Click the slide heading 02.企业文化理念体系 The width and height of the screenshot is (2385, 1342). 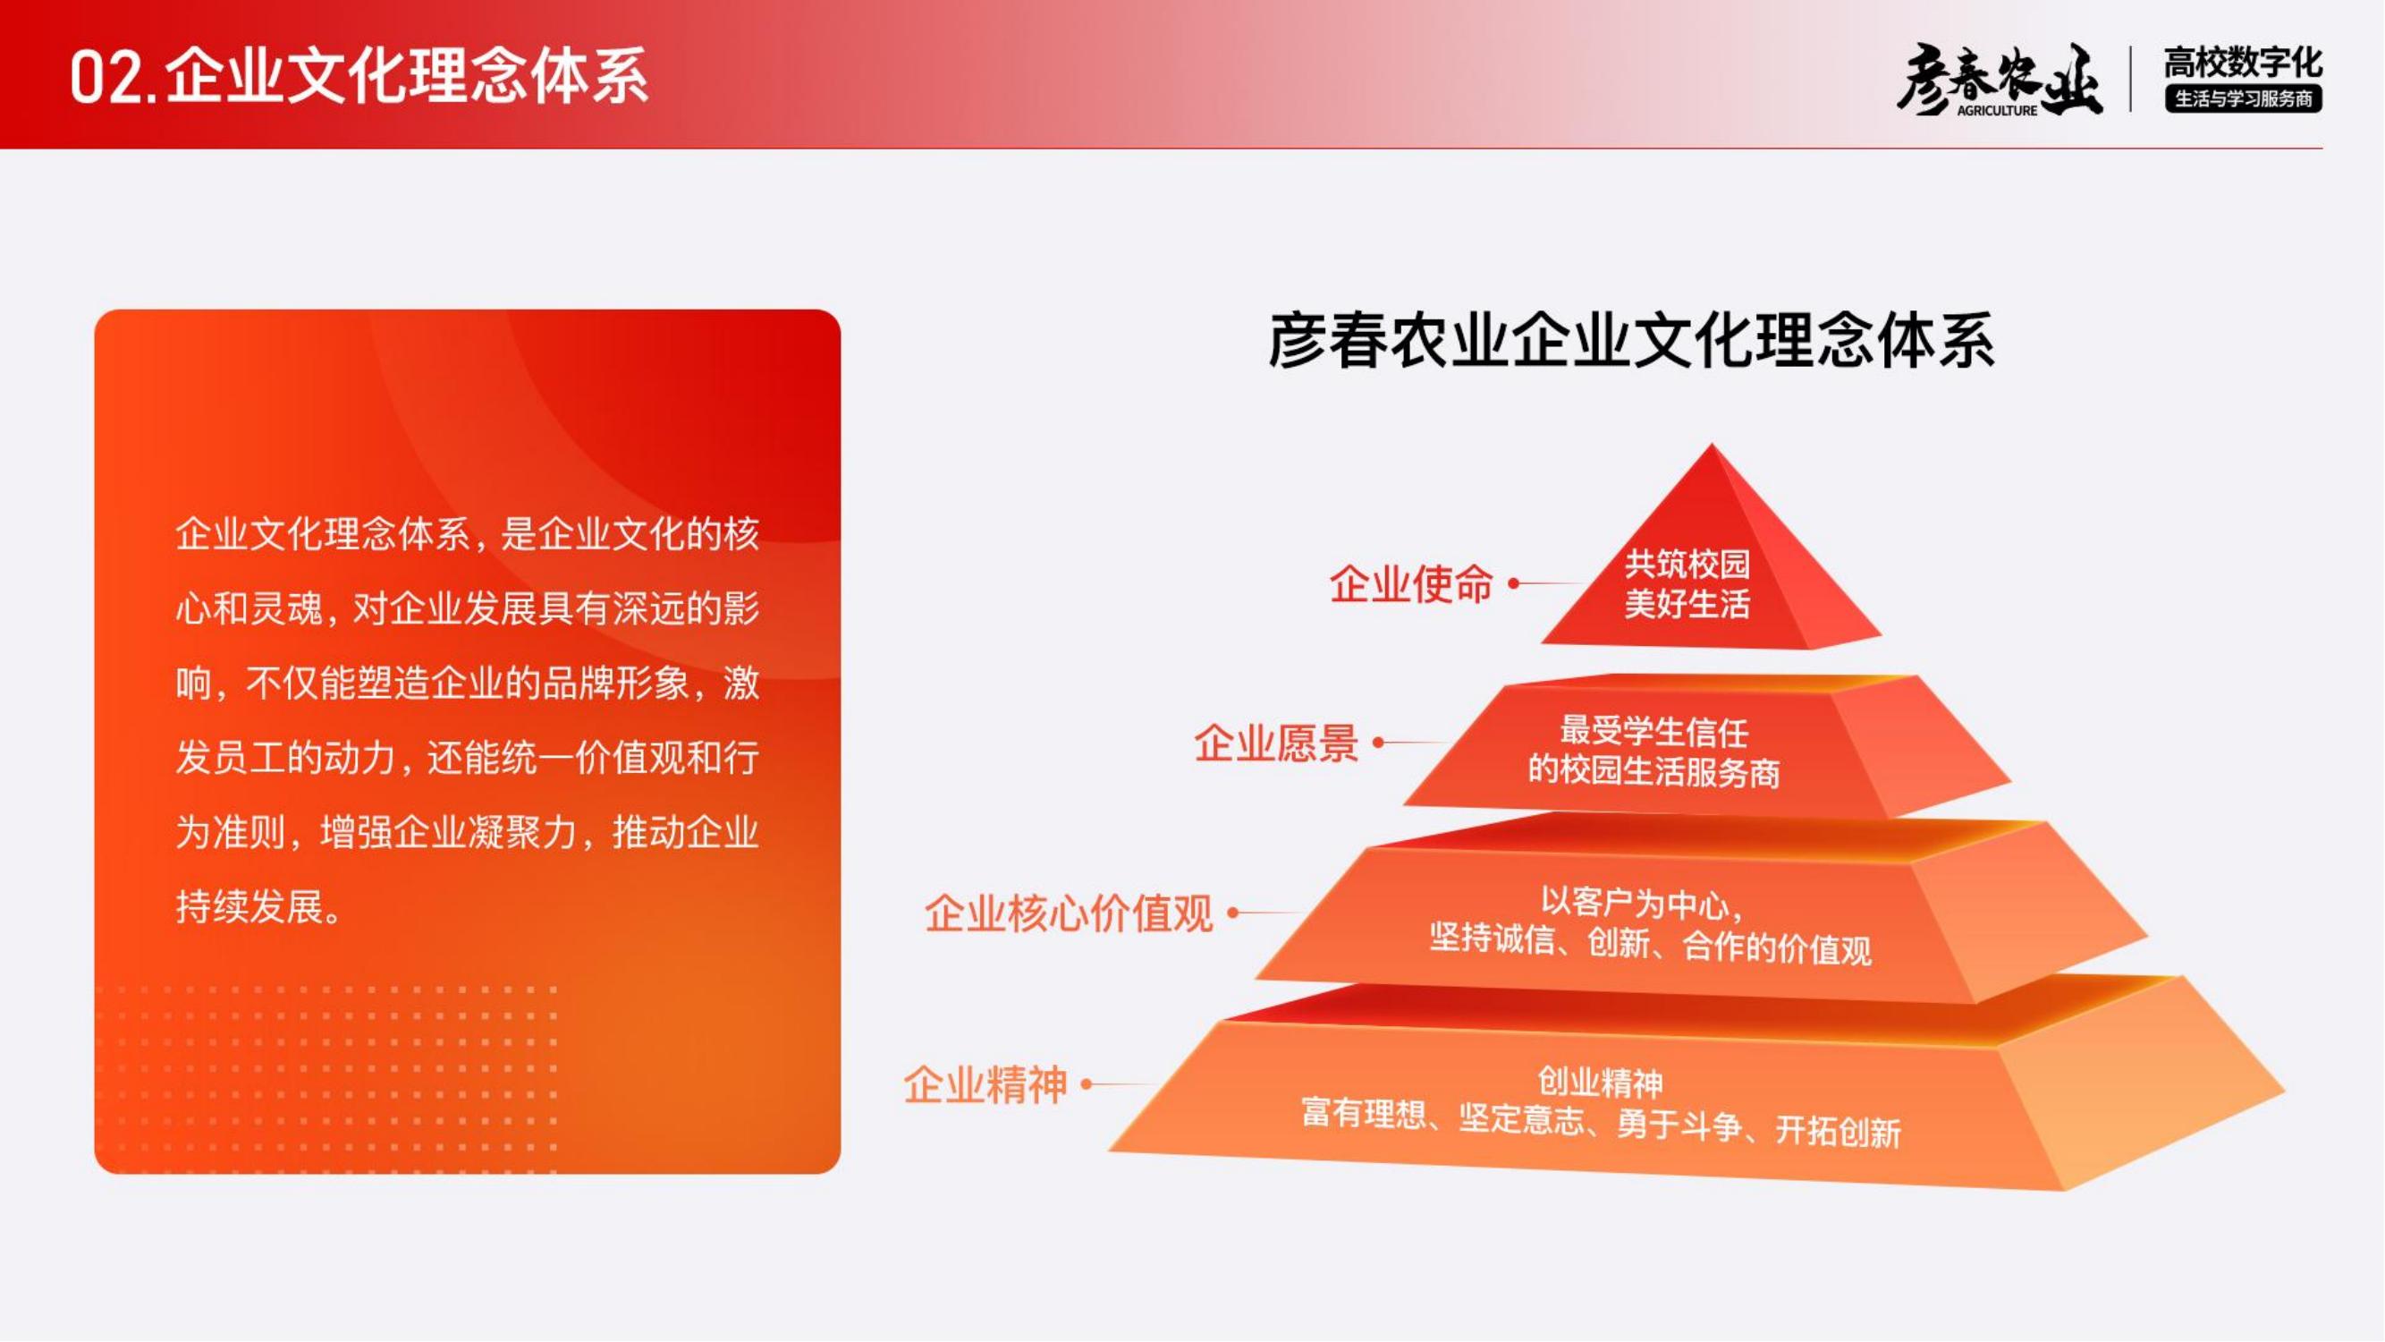pos(359,76)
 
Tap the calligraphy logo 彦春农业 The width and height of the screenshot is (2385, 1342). pos(1999,80)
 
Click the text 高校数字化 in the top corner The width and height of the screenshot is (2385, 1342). pos(2244,63)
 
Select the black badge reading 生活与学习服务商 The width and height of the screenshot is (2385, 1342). pos(2244,98)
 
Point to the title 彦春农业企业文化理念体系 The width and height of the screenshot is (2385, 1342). pos(1631,341)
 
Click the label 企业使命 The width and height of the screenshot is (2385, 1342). pos(1411,584)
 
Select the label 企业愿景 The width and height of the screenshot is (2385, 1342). pos(1276,743)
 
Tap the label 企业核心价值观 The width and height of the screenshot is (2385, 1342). pos(1069,913)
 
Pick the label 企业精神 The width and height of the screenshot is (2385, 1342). pos(985,1084)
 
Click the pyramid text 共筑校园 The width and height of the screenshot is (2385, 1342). pos(1687,562)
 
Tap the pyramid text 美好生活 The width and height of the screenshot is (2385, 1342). pos(1687,603)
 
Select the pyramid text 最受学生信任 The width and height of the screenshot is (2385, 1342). pos(1653,731)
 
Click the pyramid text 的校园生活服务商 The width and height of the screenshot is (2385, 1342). pos(1653,770)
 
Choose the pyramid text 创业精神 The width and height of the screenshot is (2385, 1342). pos(1600,1081)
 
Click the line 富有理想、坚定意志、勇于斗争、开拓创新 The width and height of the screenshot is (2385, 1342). pos(1601,1122)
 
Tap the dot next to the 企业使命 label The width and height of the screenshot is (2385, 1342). pos(1514,583)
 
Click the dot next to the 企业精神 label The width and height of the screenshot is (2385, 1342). pos(1087,1083)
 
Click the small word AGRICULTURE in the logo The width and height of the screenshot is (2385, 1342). pos(1997,110)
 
